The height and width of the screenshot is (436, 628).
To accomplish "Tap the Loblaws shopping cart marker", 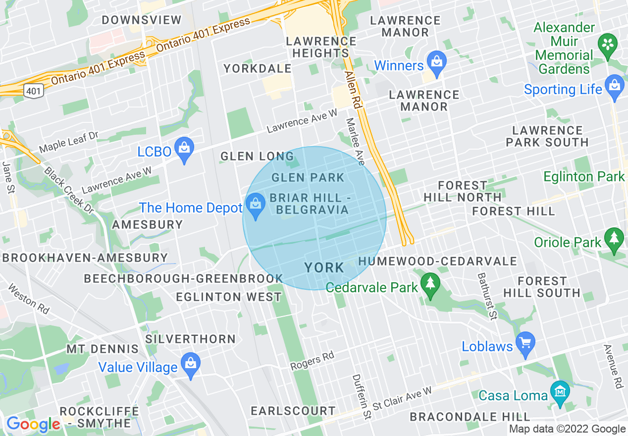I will (525, 343).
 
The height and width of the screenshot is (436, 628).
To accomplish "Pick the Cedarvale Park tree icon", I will (430, 284).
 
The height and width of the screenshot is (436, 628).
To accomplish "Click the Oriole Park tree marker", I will (615, 239).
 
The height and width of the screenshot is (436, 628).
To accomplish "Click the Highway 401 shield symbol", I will (34, 91).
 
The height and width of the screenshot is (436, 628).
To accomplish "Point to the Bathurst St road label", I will (486, 296).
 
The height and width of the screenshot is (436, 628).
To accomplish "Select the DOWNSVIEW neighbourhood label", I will (142, 20).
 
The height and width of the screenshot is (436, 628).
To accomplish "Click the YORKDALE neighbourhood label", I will (257, 68).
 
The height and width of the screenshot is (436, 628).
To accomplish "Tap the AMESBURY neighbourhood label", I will (148, 224).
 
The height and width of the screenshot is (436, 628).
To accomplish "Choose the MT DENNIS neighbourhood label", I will (103, 349).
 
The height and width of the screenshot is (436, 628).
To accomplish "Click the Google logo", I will (33, 425).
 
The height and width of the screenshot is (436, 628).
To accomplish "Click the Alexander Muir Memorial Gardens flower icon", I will (606, 44).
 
